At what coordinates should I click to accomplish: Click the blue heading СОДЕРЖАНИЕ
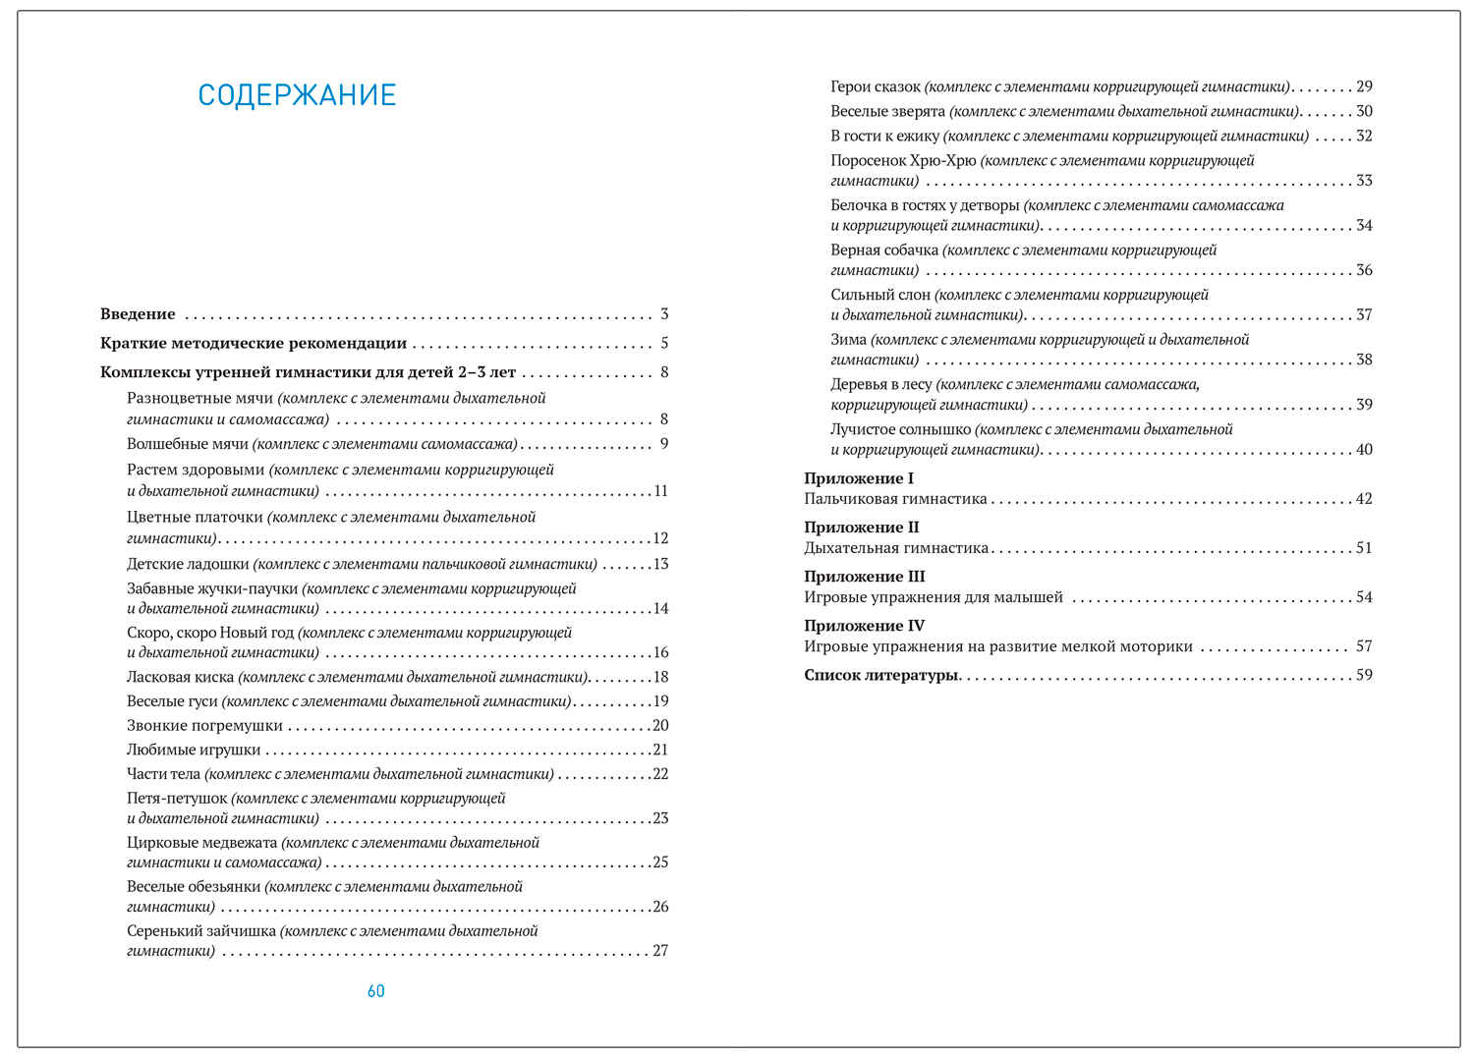coord(297,95)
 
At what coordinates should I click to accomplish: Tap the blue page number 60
coord(376,991)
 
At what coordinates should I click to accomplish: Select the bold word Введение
coord(138,314)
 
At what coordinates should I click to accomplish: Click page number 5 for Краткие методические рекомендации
coord(664,343)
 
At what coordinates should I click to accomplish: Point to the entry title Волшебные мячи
coord(188,444)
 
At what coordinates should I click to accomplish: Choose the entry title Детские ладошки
coord(188,564)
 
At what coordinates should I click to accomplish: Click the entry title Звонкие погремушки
coord(204,726)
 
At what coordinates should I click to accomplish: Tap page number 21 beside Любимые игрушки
coord(660,750)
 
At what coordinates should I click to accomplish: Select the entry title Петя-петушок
coord(177,799)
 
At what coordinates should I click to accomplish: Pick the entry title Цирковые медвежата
coord(202,843)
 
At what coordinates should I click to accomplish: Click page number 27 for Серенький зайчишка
coord(660,951)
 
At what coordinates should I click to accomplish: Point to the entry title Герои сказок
coord(876,87)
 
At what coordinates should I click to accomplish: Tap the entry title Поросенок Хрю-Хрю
coord(903,161)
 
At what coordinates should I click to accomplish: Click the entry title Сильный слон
coord(880,295)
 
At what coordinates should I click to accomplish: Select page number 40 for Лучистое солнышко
coord(1364,450)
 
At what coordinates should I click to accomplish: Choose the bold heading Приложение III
coord(865,577)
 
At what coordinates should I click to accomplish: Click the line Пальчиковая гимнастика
coord(895,499)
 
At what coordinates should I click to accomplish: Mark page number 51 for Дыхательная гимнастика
coord(1364,548)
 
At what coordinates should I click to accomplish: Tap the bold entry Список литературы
coord(880,675)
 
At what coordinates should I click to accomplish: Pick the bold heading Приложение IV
coord(865,626)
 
